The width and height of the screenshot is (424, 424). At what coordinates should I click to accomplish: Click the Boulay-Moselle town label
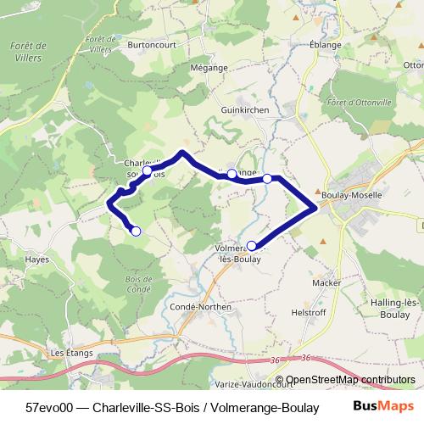click(357, 194)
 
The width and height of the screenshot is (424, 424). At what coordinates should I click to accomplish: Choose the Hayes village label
click(36, 260)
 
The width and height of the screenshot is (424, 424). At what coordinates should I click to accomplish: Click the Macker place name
click(326, 282)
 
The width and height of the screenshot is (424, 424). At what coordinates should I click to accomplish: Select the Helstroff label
click(310, 312)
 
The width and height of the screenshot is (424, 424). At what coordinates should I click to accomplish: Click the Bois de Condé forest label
click(137, 283)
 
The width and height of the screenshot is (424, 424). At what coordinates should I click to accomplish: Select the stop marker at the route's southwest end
click(136, 231)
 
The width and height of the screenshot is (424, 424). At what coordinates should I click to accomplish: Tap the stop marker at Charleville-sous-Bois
click(148, 171)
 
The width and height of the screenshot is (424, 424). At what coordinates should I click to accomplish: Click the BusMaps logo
click(382, 407)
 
